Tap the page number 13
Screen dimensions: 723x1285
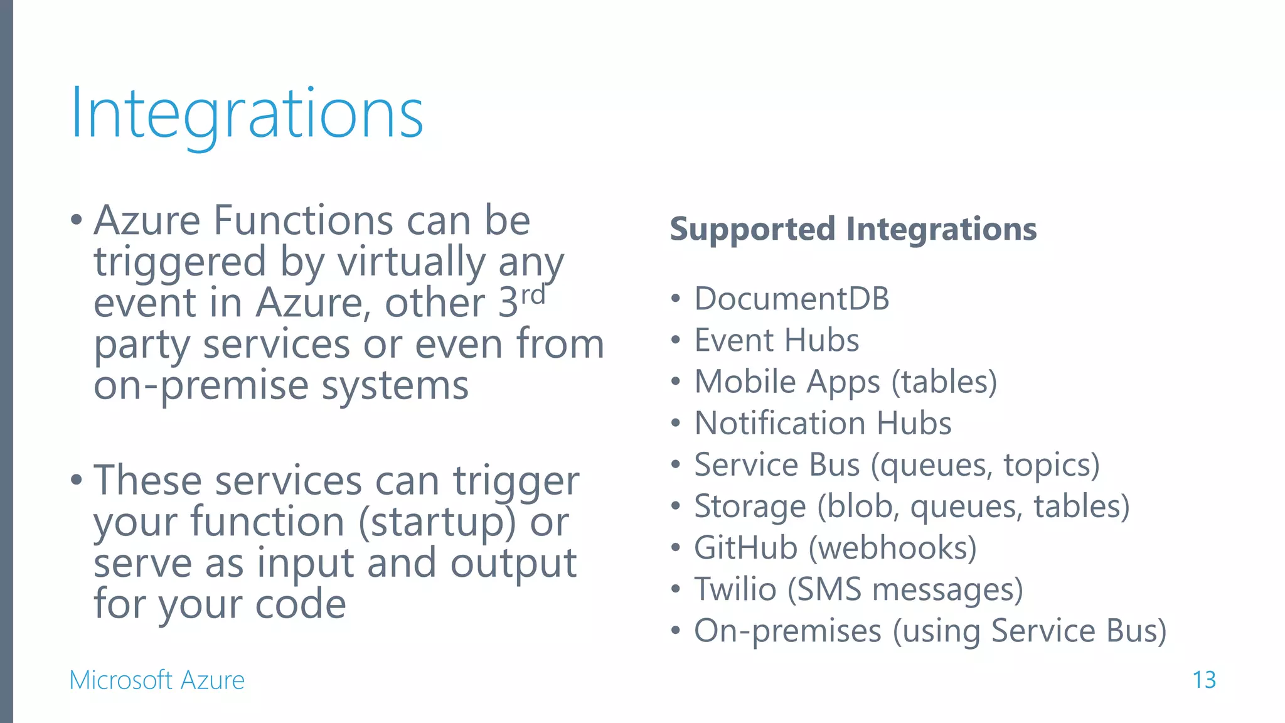pyautogui.click(x=1203, y=680)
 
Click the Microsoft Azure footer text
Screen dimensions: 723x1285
pyautogui.click(x=157, y=680)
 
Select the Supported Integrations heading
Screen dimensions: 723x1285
pyautogui.click(x=853, y=229)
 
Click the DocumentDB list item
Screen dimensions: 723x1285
pyautogui.click(x=791, y=299)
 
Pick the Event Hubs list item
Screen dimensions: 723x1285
pyautogui.click(x=776, y=340)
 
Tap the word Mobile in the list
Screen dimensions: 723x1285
pyautogui.click(x=745, y=382)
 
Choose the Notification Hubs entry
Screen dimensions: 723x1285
pyautogui.click(x=823, y=423)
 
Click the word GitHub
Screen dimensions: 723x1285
pyautogui.click(x=745, y=547)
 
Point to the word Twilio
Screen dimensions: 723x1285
pyautogui.click(x=735, y=589)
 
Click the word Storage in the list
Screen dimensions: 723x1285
pyautogui.click(x=750, y=506)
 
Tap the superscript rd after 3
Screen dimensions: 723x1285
pyautogui.click(x=533, y=294)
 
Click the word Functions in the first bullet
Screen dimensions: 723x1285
pyautogui.click(x=304, y=220)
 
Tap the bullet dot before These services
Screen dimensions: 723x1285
pyautogui.click(x=77, y=480)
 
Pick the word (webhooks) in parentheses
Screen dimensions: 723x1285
pyautogui.click(x=892, y=548)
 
